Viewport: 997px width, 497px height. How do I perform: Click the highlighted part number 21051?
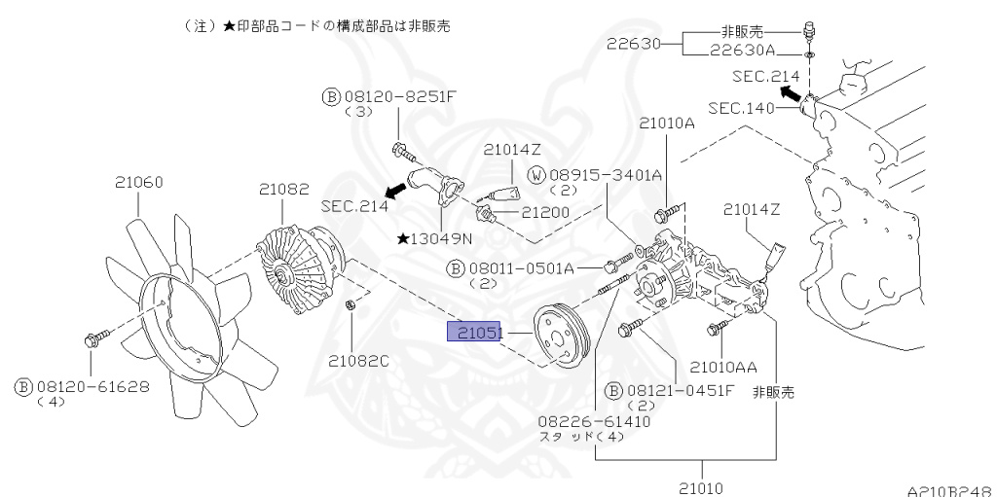tap(473, 333)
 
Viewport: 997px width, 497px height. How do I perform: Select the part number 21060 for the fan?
tap(138, 182)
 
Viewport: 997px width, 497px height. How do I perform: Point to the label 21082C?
tap(357, 361)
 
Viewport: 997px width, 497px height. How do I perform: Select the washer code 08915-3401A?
tap(605, 175)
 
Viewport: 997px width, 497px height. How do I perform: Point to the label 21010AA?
tap(722, 367)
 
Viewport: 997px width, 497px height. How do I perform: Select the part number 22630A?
tap(742, 51)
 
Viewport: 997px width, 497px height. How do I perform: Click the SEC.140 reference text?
tap(740, 107)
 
